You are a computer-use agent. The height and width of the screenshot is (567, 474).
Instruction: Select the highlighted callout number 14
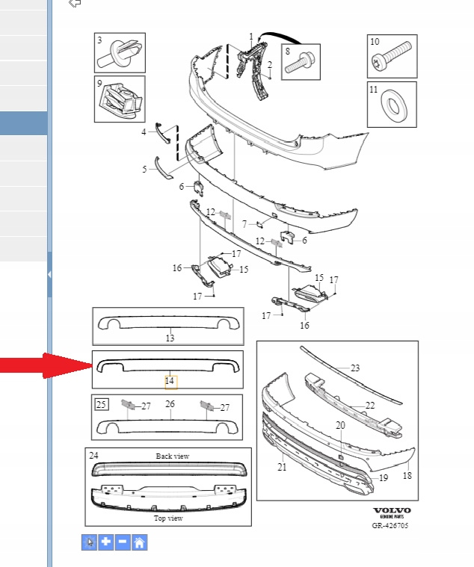point(170,382)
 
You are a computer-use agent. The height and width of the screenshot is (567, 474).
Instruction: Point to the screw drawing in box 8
point(300,63)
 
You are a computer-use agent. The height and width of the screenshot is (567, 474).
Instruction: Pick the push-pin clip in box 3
point(119,54)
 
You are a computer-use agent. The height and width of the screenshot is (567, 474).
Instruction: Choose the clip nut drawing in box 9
point(120,100)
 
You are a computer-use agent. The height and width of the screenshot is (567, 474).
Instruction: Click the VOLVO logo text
point(392,510)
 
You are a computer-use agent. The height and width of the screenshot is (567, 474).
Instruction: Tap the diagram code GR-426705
point(390,525)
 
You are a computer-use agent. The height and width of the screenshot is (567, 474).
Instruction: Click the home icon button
point(139,542)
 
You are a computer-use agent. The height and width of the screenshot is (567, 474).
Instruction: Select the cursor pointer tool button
point(90,542)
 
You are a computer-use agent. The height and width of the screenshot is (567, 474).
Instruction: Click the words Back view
point(173,456)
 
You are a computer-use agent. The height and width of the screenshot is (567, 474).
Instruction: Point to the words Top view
point(169,518)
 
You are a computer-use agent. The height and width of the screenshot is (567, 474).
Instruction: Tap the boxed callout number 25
point(102,404)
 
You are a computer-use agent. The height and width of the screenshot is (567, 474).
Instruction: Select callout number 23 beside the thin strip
point(355,368)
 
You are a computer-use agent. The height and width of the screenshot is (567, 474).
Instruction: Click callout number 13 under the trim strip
point(170,338)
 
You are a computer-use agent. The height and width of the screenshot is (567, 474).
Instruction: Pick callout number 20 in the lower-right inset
point(340,426)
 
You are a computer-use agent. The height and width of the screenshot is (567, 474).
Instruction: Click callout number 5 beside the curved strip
point(145,169)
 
